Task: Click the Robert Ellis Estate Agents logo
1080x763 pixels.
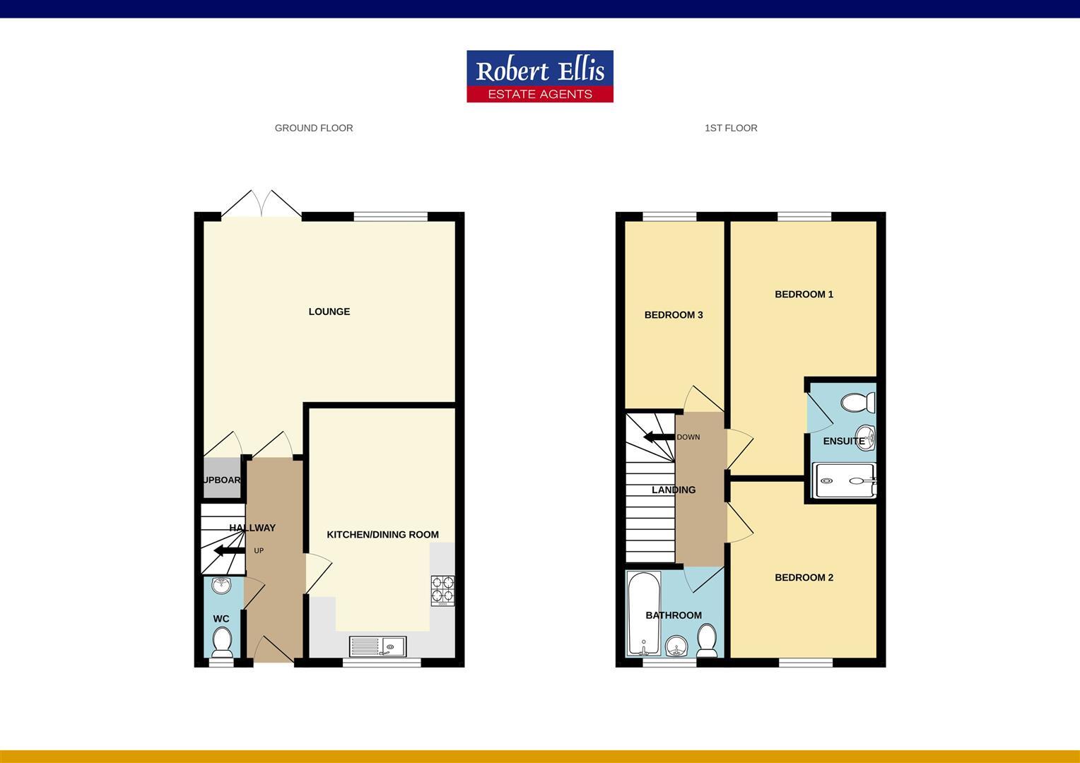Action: [x=540, y=76]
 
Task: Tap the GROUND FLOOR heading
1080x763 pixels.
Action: [x=314, y=128]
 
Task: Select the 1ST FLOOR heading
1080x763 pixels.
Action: [x=731, y=128]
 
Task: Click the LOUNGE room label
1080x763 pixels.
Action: [x=329, y=312]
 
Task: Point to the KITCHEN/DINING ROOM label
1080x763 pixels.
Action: [x=382, y=535]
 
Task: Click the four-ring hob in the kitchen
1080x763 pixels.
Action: [x=442, y=591]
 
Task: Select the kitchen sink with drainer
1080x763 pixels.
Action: [x=377, y=645]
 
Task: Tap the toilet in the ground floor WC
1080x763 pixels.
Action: [x=222, y=641]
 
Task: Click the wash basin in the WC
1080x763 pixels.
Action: [x=221, y=585]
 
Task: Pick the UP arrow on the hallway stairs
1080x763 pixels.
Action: [x=228, y=551]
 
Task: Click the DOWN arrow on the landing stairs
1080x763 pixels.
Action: [x=659, y=437]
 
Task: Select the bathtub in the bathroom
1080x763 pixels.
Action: [x=644, y=613]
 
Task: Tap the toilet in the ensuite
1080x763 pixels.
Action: [x=858, y=403]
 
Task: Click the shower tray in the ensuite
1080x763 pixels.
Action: [x=845, y=480]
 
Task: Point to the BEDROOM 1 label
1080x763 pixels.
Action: [x=804, y=295]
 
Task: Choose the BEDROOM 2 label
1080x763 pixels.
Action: [x=804, y=578]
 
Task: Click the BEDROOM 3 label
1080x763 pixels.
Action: [x=674, y=315]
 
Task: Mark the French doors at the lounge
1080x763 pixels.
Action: [x=262, y=204]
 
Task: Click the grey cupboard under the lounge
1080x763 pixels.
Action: [x=222, y=479]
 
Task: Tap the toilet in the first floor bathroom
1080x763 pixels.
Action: [x=706, y=641]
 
